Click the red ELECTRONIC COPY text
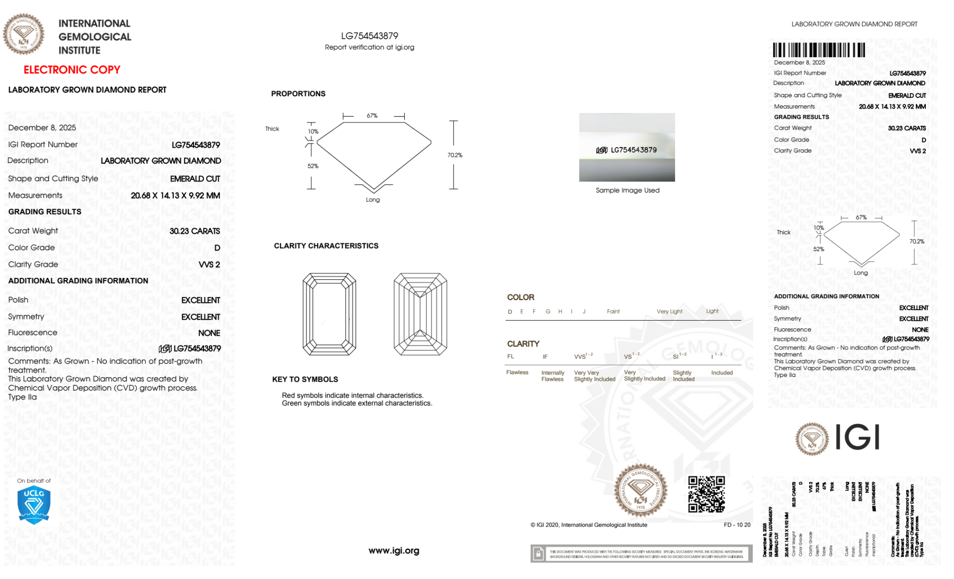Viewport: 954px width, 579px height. coord(72,70)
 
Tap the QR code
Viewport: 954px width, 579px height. coord(706,494)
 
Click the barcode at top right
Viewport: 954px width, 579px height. coord(819,50)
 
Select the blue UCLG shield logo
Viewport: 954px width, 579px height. coord(34,505)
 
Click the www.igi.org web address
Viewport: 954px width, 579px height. coord(394,550)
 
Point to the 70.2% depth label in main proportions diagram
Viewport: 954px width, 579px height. coord(455,155)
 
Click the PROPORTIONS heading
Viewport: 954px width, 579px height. coord(298,94)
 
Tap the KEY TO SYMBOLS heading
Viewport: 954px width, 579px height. coord(305,379)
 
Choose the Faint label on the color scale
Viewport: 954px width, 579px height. coord(613,311)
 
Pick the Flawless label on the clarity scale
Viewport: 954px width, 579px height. coord(517,372)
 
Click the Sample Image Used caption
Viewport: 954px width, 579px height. coord(627,190)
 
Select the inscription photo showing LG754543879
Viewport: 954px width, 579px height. coord(627,147)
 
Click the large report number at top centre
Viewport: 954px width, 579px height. coord(369,36)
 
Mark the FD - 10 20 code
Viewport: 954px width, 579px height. coord(737,525)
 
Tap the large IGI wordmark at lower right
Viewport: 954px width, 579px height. coord(857,437)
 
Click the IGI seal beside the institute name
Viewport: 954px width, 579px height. coord(23,34)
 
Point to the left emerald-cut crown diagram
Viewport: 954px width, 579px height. coord(329,314)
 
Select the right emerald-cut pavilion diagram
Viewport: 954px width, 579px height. coord(420,314)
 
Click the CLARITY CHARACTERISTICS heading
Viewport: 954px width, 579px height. coord(326,246)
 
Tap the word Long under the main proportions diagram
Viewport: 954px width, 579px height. coord(373,200)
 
